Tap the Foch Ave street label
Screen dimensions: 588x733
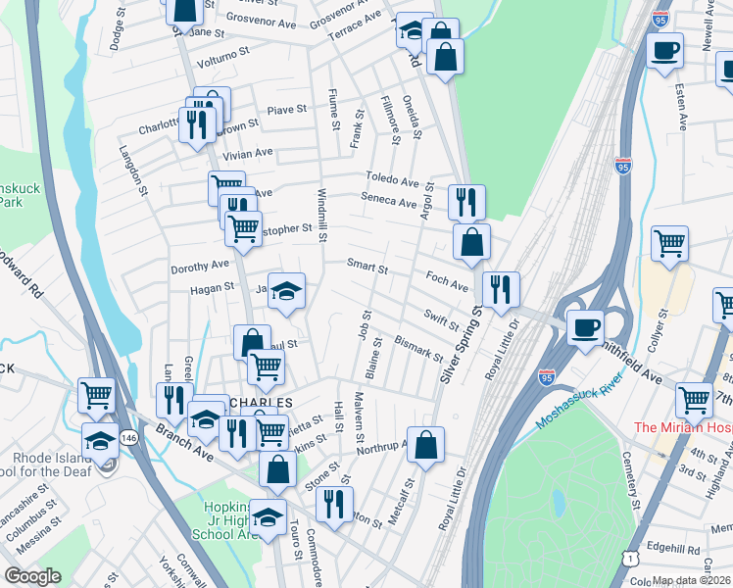[x=447, y=279]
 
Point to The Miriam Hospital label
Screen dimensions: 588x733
[x=683, y=427]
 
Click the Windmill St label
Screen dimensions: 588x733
[x=321, y=215]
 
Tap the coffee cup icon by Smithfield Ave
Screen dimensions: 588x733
[x=586, y=328]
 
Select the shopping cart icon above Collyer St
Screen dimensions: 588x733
[x=669, y=244]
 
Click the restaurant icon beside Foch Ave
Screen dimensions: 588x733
[x=501, y=289]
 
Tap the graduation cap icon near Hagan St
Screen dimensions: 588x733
[x=286, y=291]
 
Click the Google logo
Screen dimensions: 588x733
[x=32, y=576]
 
